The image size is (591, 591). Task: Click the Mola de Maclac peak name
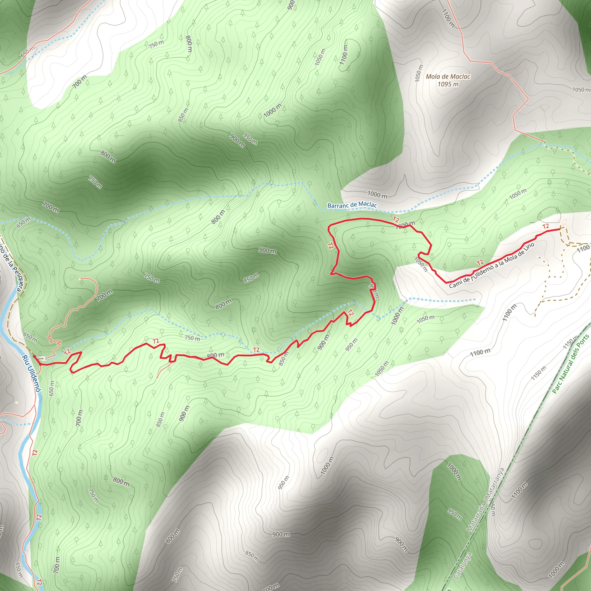tap(448, 76)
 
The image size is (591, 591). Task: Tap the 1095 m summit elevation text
tap(448, 84)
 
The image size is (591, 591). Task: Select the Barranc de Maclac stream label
tap(352, 205)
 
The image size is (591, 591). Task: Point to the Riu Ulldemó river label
tap(31, 373)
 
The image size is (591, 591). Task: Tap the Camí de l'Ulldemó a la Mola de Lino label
tap(492, 265)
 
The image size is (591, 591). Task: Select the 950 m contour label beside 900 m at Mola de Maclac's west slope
tap(250, 139)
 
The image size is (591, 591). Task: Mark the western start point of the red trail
tap(34, 356)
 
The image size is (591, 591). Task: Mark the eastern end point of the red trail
tap(560, 229)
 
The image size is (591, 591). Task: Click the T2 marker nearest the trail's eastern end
tap(546, 226)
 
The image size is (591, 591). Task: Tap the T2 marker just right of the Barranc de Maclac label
tap(396, 220)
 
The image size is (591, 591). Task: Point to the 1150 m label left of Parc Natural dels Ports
tap(539, 373)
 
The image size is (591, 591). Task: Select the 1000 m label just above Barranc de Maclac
tap(377, 194)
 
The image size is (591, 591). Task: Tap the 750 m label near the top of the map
tap(157, 44)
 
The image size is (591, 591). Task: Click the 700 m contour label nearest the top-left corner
tap(80, 82)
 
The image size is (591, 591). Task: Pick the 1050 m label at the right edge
tap(581, 90)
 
